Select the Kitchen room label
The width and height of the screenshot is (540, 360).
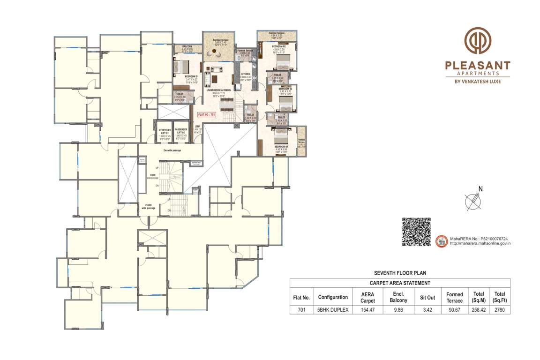(246, 74)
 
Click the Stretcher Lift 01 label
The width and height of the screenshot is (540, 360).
(165, 133)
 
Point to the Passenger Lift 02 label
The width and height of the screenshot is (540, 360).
(180, 133)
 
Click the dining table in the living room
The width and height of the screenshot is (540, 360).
(227, 110)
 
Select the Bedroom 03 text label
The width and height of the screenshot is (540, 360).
(285, 89)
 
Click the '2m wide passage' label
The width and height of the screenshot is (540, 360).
(172, 150)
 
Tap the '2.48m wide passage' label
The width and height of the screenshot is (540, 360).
(150, 206)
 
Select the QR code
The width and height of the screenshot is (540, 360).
(416, 232)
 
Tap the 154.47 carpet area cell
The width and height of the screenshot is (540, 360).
(367, 310)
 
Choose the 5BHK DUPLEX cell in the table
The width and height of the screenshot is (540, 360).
(333, 310)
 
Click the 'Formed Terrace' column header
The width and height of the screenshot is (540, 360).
(454, 297)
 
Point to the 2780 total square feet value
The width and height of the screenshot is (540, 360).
(499, 310)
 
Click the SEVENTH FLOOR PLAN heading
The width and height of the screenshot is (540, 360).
(400, 273)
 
